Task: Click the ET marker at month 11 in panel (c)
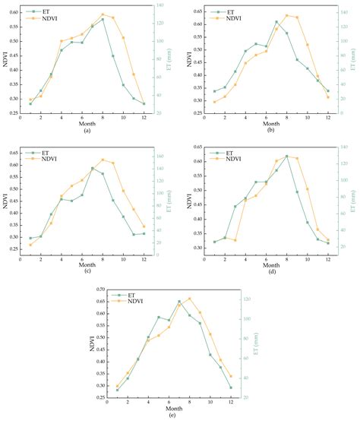[134, 234]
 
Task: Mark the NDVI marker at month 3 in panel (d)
[235, 240]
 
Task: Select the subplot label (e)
[179, 416]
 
